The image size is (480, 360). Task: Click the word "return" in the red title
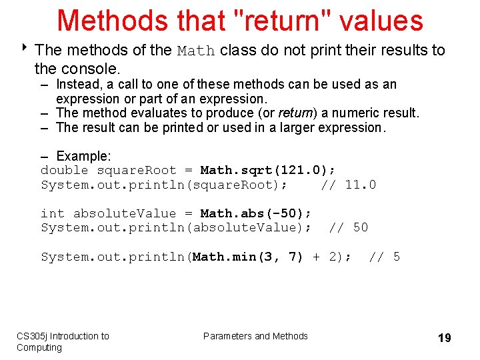tap(283, 20)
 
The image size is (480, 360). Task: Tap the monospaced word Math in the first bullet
tap(196, 51)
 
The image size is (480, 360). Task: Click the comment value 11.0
tap(360, 185)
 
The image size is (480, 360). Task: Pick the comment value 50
tap(360, 228)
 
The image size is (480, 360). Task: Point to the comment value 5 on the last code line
tap(397, 257)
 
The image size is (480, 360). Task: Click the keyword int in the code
tap(53, 213)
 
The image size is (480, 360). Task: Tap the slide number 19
tap(444, 338)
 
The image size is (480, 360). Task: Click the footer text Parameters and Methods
tap(255, 336)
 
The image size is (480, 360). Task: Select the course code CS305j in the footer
tap(31, 336)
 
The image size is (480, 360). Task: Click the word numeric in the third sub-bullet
tap(351, 113)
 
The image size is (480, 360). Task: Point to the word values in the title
tap(381, 20)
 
